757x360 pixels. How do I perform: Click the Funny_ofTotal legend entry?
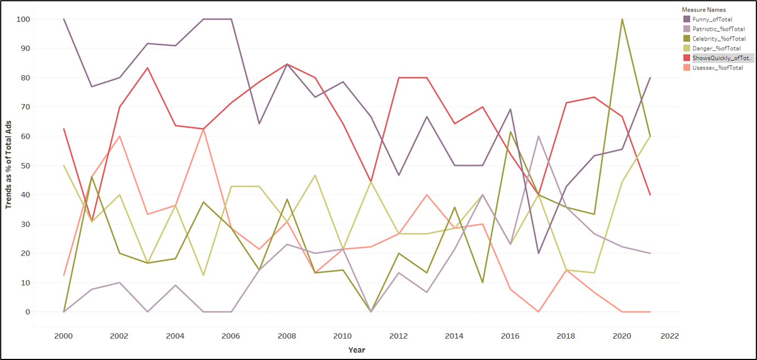click(712, 19)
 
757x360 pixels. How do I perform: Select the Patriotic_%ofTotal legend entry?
click(718, 29)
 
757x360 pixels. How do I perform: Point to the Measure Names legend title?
click(703, 10)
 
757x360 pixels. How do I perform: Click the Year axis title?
click(357, 350)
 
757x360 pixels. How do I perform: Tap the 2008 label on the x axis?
click(286, 335)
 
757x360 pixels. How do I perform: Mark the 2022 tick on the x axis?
click(669, 335)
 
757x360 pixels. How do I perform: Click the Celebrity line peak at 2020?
click(622, 19)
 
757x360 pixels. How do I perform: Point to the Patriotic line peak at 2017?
click(539, 136)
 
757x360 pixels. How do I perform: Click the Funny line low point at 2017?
click(539, 253)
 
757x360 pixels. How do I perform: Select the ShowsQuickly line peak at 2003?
click(148, 68)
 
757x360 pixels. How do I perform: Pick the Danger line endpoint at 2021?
click(650, 136)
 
